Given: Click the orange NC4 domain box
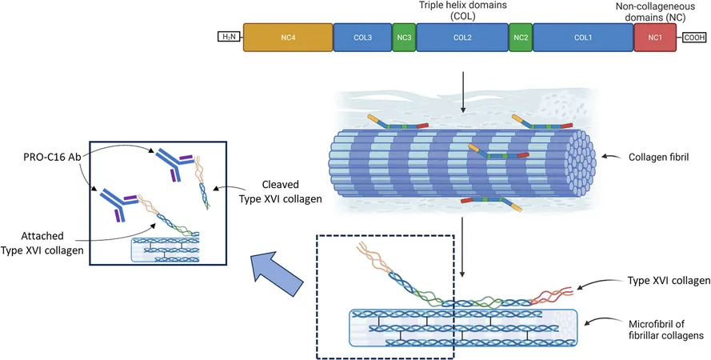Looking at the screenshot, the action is coord(288,37).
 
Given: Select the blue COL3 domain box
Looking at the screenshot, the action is coord(363,37).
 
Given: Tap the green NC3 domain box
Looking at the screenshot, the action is coord(404,37).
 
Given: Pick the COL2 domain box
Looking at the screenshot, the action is coord(462,37).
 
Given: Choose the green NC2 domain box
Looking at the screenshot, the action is coord(521,37).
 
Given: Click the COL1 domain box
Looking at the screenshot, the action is coord(583,37).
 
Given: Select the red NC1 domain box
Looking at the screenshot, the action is coord(655,37).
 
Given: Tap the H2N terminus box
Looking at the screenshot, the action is coord(229,37).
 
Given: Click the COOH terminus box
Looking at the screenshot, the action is coord(694,38).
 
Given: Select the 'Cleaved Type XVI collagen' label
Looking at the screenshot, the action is coord(280,191).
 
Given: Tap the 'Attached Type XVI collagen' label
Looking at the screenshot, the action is coord(42,243).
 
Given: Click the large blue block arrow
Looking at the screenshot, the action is coord(277,274).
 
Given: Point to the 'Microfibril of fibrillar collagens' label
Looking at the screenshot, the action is coord(665,330).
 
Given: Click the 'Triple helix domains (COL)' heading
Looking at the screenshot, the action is coord(462,11).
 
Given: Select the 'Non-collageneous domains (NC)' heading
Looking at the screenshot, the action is coord(655,12).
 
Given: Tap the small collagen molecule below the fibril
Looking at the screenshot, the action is coord(491,203).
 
